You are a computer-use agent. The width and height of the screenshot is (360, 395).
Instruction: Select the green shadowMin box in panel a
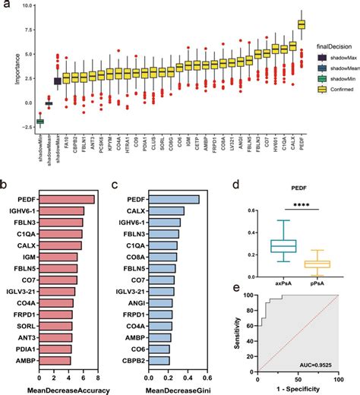tap(19, 121)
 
